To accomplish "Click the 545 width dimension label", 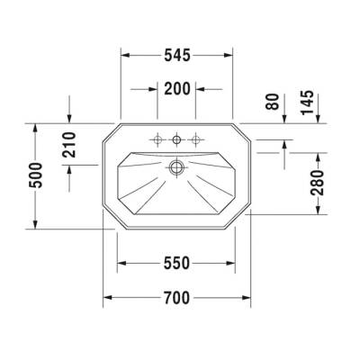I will (x=176, y=55).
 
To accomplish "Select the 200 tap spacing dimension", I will (x=176, y=89).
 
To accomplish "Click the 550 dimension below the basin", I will (x=176, y=263).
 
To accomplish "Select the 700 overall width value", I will (x=176, y=297).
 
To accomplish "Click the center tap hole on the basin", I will (x=176, y=139).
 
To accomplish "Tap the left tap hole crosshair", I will (x=157, y=139).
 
